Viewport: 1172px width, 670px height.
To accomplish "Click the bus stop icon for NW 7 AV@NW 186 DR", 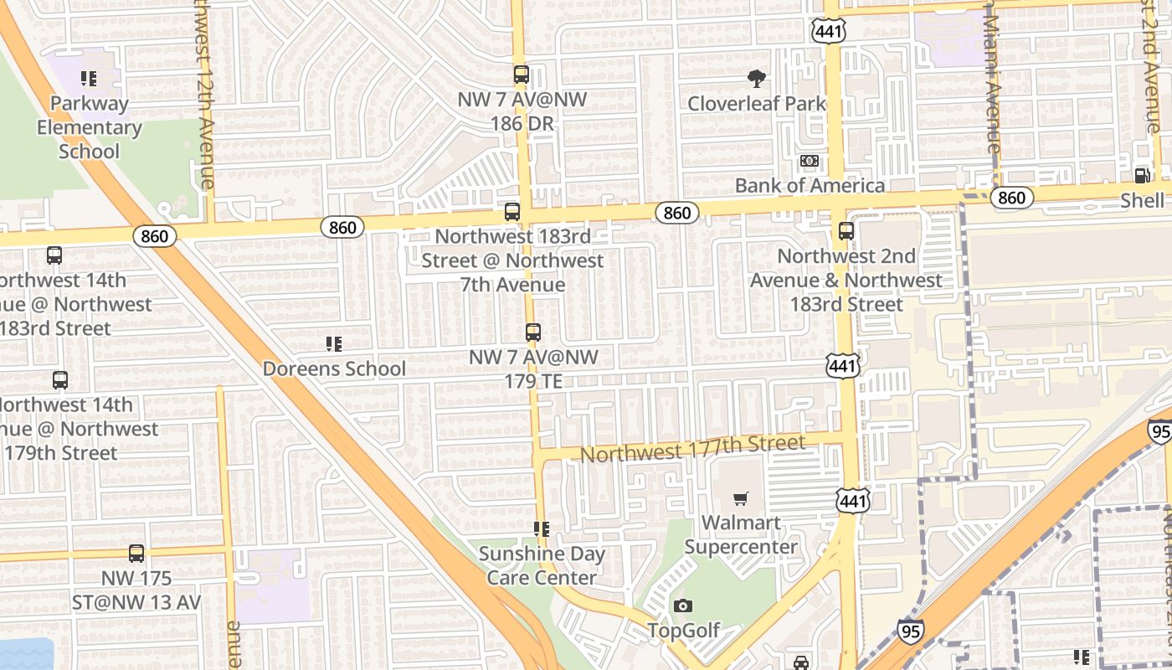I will (x=522, y=75).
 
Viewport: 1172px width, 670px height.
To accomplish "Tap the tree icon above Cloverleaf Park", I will (x=757, y=80).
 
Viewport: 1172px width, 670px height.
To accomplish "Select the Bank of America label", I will (x=810, y=185).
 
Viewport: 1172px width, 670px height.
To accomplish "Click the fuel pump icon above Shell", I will (x=1142, y=175).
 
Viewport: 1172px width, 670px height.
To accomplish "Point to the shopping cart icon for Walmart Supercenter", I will (x=740, y=499).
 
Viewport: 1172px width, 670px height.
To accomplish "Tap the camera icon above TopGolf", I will (x=683, y=606).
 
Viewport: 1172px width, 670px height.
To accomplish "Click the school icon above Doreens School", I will (x=334, y=343).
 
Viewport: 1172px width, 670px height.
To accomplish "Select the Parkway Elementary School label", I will (x=90, y=127).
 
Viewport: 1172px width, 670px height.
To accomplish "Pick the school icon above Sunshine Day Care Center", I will (x=542, y=529).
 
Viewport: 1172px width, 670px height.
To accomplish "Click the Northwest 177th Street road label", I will (x=692, y=448).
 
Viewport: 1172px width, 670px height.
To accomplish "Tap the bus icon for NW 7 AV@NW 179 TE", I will (x=533, y=332).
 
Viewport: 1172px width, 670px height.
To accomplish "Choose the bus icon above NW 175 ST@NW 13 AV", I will (x=136, y=554).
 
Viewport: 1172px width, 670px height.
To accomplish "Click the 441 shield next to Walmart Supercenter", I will (x=853, y=501).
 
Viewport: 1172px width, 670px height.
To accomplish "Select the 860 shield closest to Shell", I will (x=1011, y=198).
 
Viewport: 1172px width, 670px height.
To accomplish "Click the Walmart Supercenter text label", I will (x=741, y=535).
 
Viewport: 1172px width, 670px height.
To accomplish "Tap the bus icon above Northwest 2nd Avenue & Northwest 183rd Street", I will (x=846, y=231).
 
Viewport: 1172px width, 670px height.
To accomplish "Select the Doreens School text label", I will (x=334, y=368).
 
